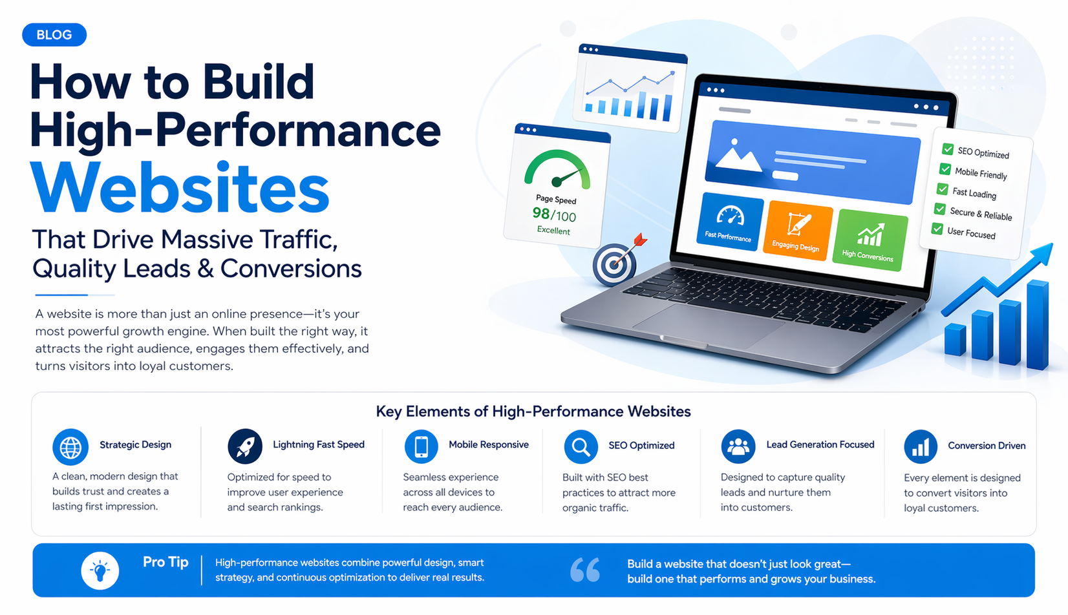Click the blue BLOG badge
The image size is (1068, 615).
pyautogui.click(x=54, y=35)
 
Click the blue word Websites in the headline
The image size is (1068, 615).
pyautogui.click(x=180, y=188)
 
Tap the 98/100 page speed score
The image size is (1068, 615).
pyautogui.click(x=554, y=214)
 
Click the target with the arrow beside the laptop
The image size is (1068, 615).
pyautogui.click(x=614, y=264)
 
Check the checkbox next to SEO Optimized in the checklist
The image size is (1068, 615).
pyautogui.click(x=948, y=149)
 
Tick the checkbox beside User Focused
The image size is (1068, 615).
pyautogui.click(x=937, y=229)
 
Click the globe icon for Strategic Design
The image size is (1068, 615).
pyautogui.click(x=70, y=447)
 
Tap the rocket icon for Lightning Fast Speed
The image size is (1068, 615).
pyautogui.click(x=245, y=446)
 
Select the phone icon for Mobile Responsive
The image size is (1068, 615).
pyautogui.click(x=422, y=446)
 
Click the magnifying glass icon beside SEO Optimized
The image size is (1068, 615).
pyautogui.click(x=581, y=447)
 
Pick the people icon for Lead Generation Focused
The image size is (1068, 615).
pyautogui.click(x=738, y=446)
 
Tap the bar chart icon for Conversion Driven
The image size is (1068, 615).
pyautogui.click(x=920, y=447)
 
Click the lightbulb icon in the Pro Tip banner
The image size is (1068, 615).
pyautogui.click(x=100, y=570)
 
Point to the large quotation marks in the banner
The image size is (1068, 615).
pyautogui.click(x=585, y=570)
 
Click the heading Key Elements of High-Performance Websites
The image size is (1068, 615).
pyautogui.click(x=533, y=412)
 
